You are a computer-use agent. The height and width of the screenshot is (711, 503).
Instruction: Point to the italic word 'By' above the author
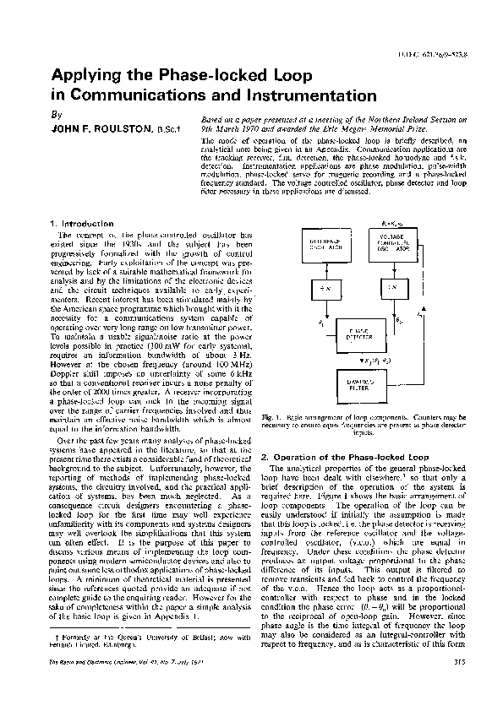[57, 114]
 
